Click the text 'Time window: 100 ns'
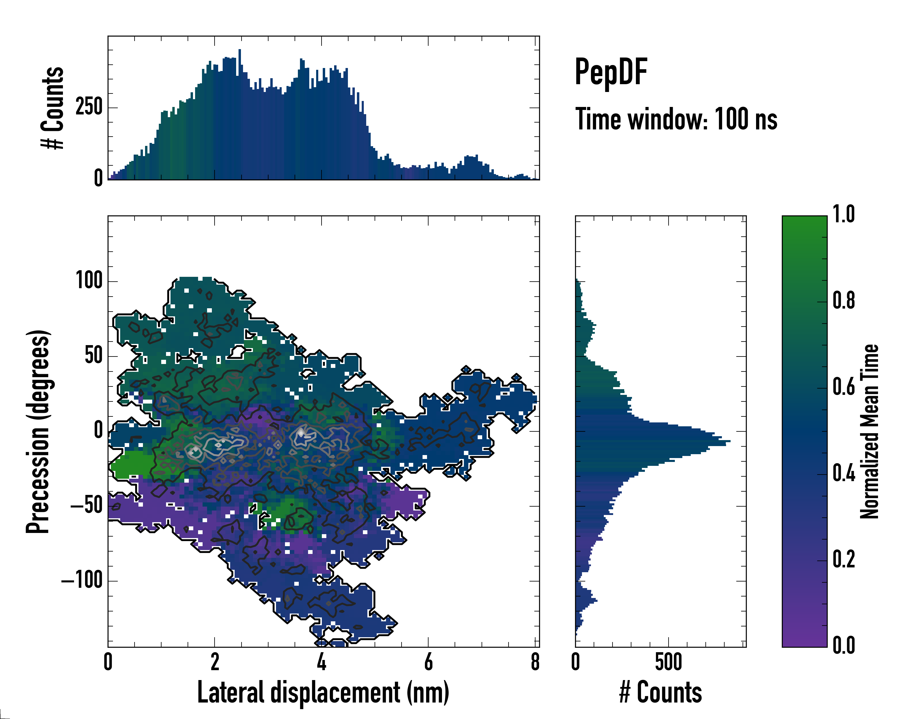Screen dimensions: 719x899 [676, 119]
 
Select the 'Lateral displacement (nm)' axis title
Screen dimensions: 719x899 [323, 692]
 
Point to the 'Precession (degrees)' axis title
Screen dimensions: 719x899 [38, 431]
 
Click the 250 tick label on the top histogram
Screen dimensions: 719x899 [89, 107]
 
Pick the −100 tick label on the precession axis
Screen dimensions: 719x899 [82, 580]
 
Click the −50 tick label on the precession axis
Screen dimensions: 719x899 [86, 506]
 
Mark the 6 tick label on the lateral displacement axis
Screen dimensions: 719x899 [428, 662]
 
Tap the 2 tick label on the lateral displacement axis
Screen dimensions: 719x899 [215, 662]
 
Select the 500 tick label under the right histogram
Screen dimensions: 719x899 [669, 662]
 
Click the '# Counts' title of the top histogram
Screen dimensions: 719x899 [53, 108]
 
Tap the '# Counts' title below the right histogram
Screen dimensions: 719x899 [660, 692]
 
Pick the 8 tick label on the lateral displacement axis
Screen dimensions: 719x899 [535, 662]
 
